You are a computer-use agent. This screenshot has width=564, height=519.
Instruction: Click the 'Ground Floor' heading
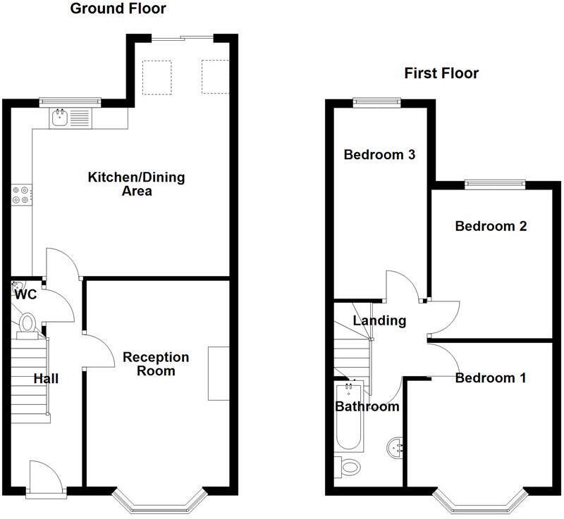coord(118,9)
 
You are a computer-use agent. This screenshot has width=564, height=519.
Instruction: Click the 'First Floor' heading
coord(441,73)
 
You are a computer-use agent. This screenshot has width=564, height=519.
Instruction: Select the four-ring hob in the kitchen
coord(21,194)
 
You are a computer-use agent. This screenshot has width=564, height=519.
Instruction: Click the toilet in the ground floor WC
coord(28,323)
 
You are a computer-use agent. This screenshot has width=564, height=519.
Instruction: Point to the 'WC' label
coord(25,295)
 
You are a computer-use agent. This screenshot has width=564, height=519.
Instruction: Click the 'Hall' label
coord(47,379)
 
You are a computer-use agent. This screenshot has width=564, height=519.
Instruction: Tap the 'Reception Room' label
coord(156,363)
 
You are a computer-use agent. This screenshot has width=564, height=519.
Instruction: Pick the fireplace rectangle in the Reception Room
coord(218,374)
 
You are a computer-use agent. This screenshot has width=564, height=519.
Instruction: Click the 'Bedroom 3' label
coord(374,155)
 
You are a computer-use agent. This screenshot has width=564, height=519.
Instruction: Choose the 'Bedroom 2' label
coord(491,226)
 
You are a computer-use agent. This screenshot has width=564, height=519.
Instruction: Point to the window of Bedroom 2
coord(495,185)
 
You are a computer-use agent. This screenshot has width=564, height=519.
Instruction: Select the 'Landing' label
coord(379,321)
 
